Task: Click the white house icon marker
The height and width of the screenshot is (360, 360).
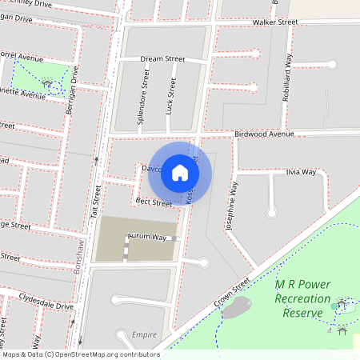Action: coord(180,173)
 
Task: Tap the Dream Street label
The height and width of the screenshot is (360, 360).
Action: coord(162,59)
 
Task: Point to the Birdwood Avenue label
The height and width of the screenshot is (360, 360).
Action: coord(265,134)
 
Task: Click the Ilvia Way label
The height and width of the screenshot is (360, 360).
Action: coord(301,172)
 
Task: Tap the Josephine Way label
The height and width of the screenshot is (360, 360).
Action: coord(232,206)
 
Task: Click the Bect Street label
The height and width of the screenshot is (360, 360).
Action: coord(154,202)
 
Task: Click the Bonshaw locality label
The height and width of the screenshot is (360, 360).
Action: coord(78,258)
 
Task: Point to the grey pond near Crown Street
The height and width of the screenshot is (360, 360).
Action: coord(237,308)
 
